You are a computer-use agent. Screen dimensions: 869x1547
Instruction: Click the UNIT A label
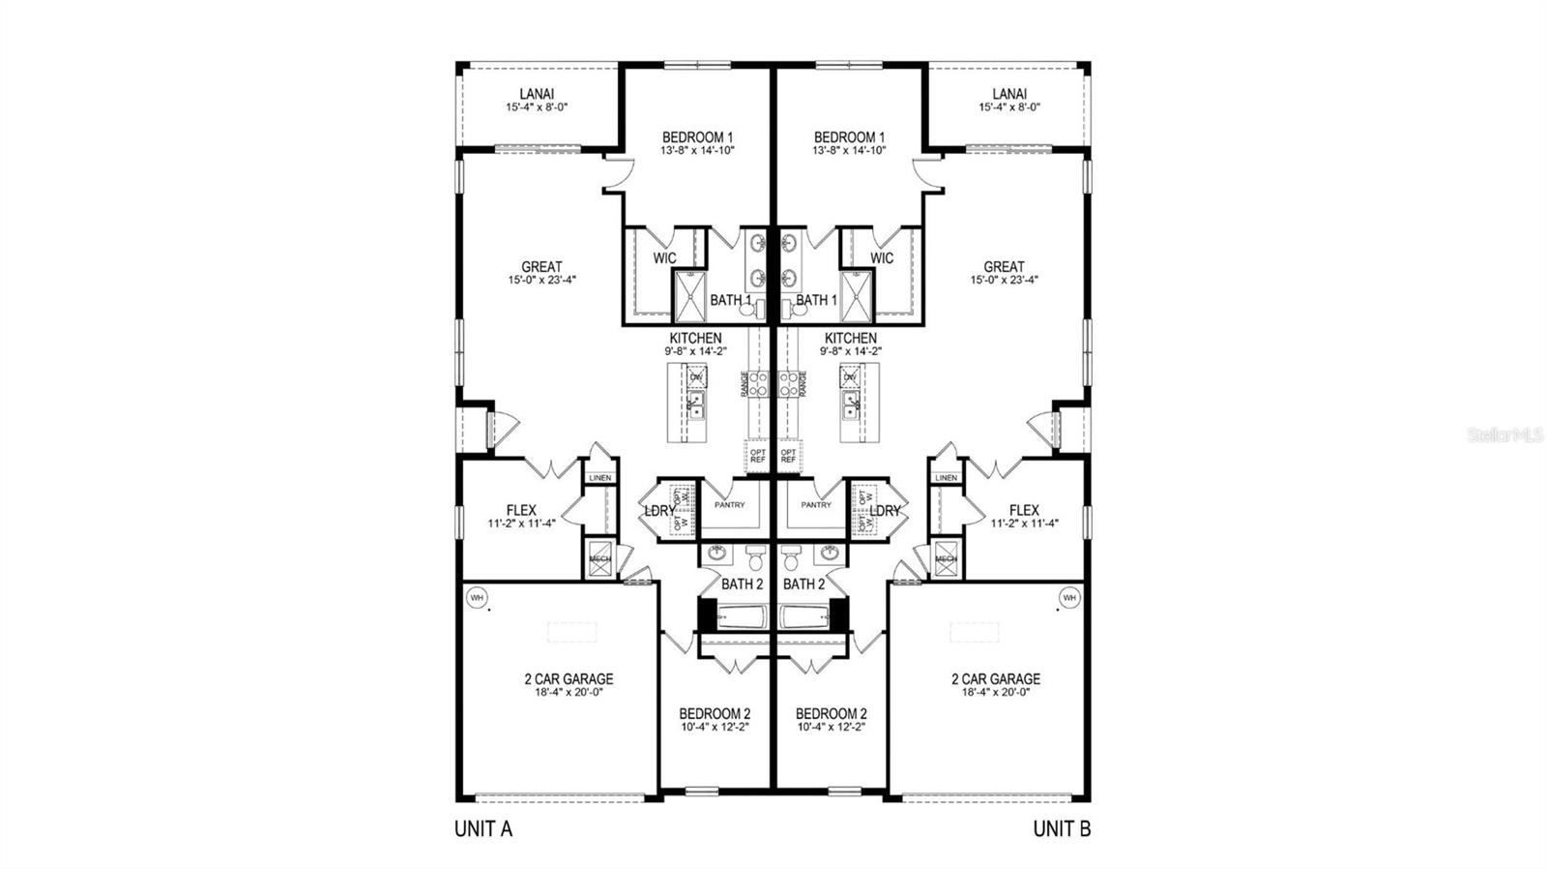[x=482, y=829]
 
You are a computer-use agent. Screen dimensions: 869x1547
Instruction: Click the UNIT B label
[x=1062, y=829]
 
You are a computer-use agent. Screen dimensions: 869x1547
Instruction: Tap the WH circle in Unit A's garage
[x=476, y=597]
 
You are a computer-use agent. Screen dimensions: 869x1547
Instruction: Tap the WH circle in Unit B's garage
[x=1068, y=597]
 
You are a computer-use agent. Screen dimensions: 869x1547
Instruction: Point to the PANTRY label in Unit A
[x=729, y=504]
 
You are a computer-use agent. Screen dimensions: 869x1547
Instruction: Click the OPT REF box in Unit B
[x=788, y=455]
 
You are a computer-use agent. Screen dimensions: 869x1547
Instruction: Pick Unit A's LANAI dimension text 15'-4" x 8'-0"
[x=536, y=107]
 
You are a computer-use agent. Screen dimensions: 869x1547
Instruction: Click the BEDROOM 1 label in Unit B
[x=848, y=137]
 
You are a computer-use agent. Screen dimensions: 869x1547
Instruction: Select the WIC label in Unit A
[x=664, y=258]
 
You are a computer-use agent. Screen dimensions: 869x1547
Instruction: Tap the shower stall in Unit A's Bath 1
[x=690, y=295]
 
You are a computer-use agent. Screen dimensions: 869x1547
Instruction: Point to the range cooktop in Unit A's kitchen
[x=757, y=383]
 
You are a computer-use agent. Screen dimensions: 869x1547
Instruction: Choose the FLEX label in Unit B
[x=1024, y=510]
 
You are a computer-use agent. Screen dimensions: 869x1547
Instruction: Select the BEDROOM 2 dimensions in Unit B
[x=831, y=726]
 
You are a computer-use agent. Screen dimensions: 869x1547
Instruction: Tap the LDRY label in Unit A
[x=659, y=510]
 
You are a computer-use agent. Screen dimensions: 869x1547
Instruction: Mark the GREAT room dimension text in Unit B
[x=1004, y=280]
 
